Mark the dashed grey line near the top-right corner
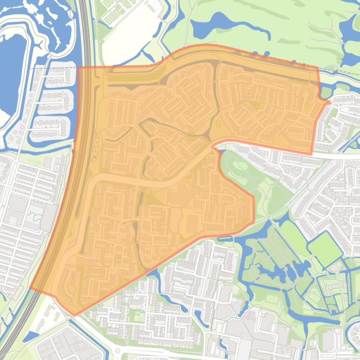tap(341, 72)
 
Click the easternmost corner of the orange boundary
tap(330, 102)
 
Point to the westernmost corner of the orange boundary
tap(31, 289)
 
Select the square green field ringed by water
tap(324, 248)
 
